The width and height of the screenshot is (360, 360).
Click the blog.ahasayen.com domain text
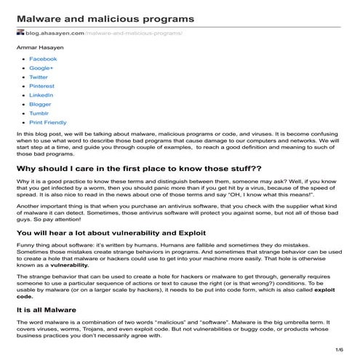(54, 33)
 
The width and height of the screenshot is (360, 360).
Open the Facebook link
(42, 59)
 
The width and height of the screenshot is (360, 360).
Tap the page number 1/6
(340, 351)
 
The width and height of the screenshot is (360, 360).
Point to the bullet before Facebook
(23, 59)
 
